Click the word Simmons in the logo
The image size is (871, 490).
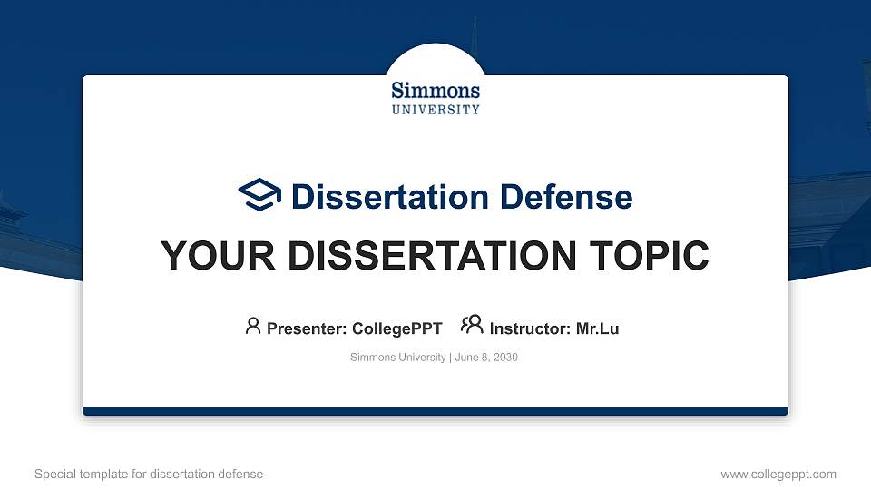[x=435, y=91]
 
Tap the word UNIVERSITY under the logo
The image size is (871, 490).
[x=435, y=110]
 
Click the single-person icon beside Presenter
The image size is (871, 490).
[x=253, y=325]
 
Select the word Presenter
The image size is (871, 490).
[x=304, y=328]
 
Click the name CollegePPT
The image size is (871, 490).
[x=396, y=328]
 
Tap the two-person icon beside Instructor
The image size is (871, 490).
[x=472, y=324]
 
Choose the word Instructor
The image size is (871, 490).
[x=529, y=328]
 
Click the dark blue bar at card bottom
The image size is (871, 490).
[x=435, y=411]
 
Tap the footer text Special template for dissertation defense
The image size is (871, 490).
[x=149, y=474]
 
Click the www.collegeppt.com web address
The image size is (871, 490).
[x=778, y=474]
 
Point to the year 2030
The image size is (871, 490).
[x=504, y=358]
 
